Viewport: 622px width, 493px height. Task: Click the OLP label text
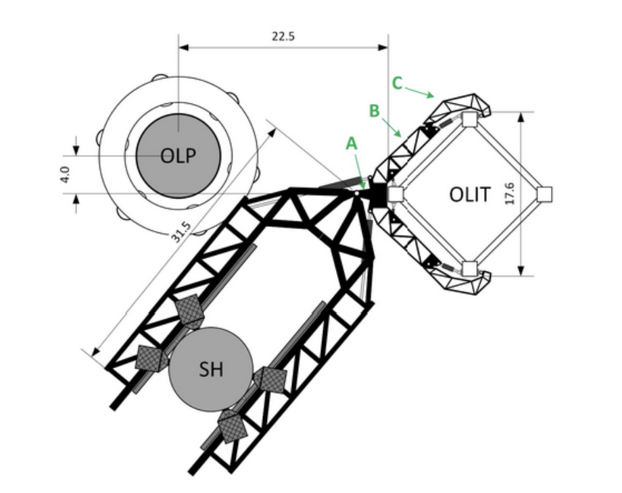(178, 155)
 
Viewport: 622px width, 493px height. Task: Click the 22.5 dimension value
(283, 36)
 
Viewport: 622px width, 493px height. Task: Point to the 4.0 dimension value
(65, 174)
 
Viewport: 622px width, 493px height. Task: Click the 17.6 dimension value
(510, 194)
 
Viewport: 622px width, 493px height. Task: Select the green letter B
(374, 111)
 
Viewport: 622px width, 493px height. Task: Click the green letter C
(397, 83)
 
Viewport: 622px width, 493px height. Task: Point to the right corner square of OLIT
(544, 194)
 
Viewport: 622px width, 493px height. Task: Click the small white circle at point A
(356, 194)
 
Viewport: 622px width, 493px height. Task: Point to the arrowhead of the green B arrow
(403, 131)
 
